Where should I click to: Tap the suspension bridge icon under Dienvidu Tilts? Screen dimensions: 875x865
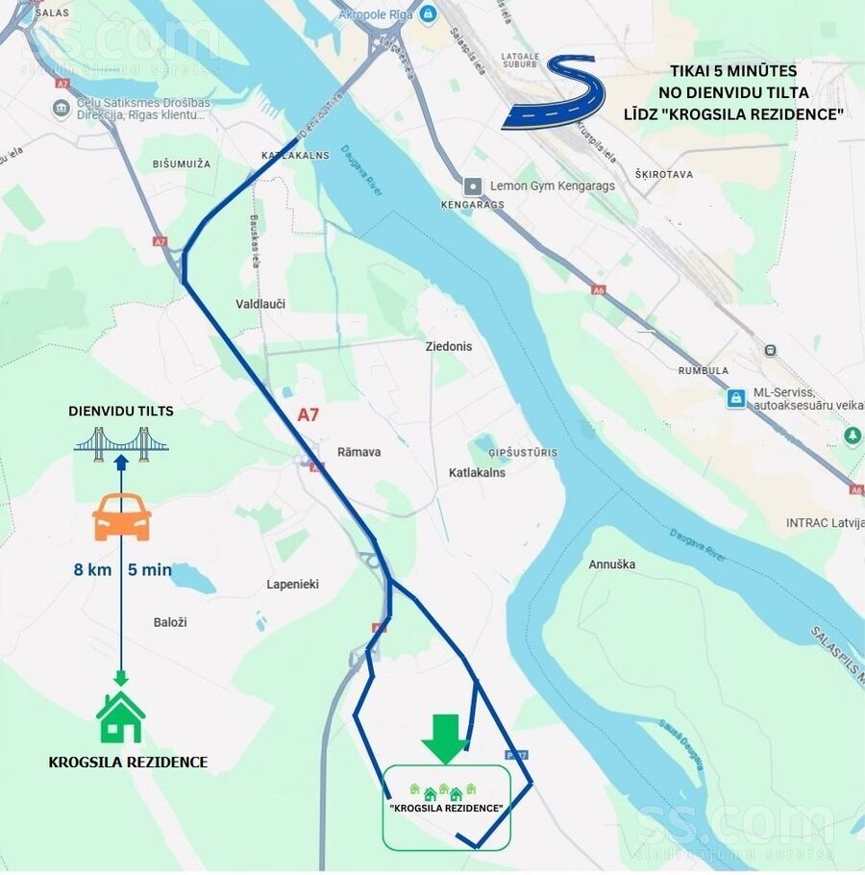click(x=121, y=442)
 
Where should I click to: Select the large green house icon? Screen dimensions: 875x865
click(x=120, y=717)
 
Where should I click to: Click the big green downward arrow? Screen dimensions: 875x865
click(x=445, y=737)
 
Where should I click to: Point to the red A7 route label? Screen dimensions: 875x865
click(x=308, y=415)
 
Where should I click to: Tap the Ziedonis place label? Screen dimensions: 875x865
click(x=449, y=346)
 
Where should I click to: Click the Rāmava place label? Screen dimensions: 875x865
click(x=358, y=452)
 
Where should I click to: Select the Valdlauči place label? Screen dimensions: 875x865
click(x=260, y=304)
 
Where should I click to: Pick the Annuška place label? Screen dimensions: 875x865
click(x=611, y=564)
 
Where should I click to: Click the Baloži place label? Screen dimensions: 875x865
click(x=170, y=622)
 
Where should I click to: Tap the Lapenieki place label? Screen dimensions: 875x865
click(x=292, y=585)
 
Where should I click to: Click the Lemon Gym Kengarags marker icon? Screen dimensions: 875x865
click(x=472, y=186)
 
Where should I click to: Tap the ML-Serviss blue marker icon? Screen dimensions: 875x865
click(x=736, y=398)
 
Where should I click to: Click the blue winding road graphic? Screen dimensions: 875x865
click(x=556, y=93)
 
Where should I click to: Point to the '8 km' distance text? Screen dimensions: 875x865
click(x=92, y=569)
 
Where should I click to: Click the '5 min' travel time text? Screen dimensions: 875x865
click(x=149, y=569)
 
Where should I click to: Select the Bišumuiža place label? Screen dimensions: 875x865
click(x=181, y=164)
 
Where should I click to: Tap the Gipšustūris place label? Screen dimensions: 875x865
click(x=523, y=452)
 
